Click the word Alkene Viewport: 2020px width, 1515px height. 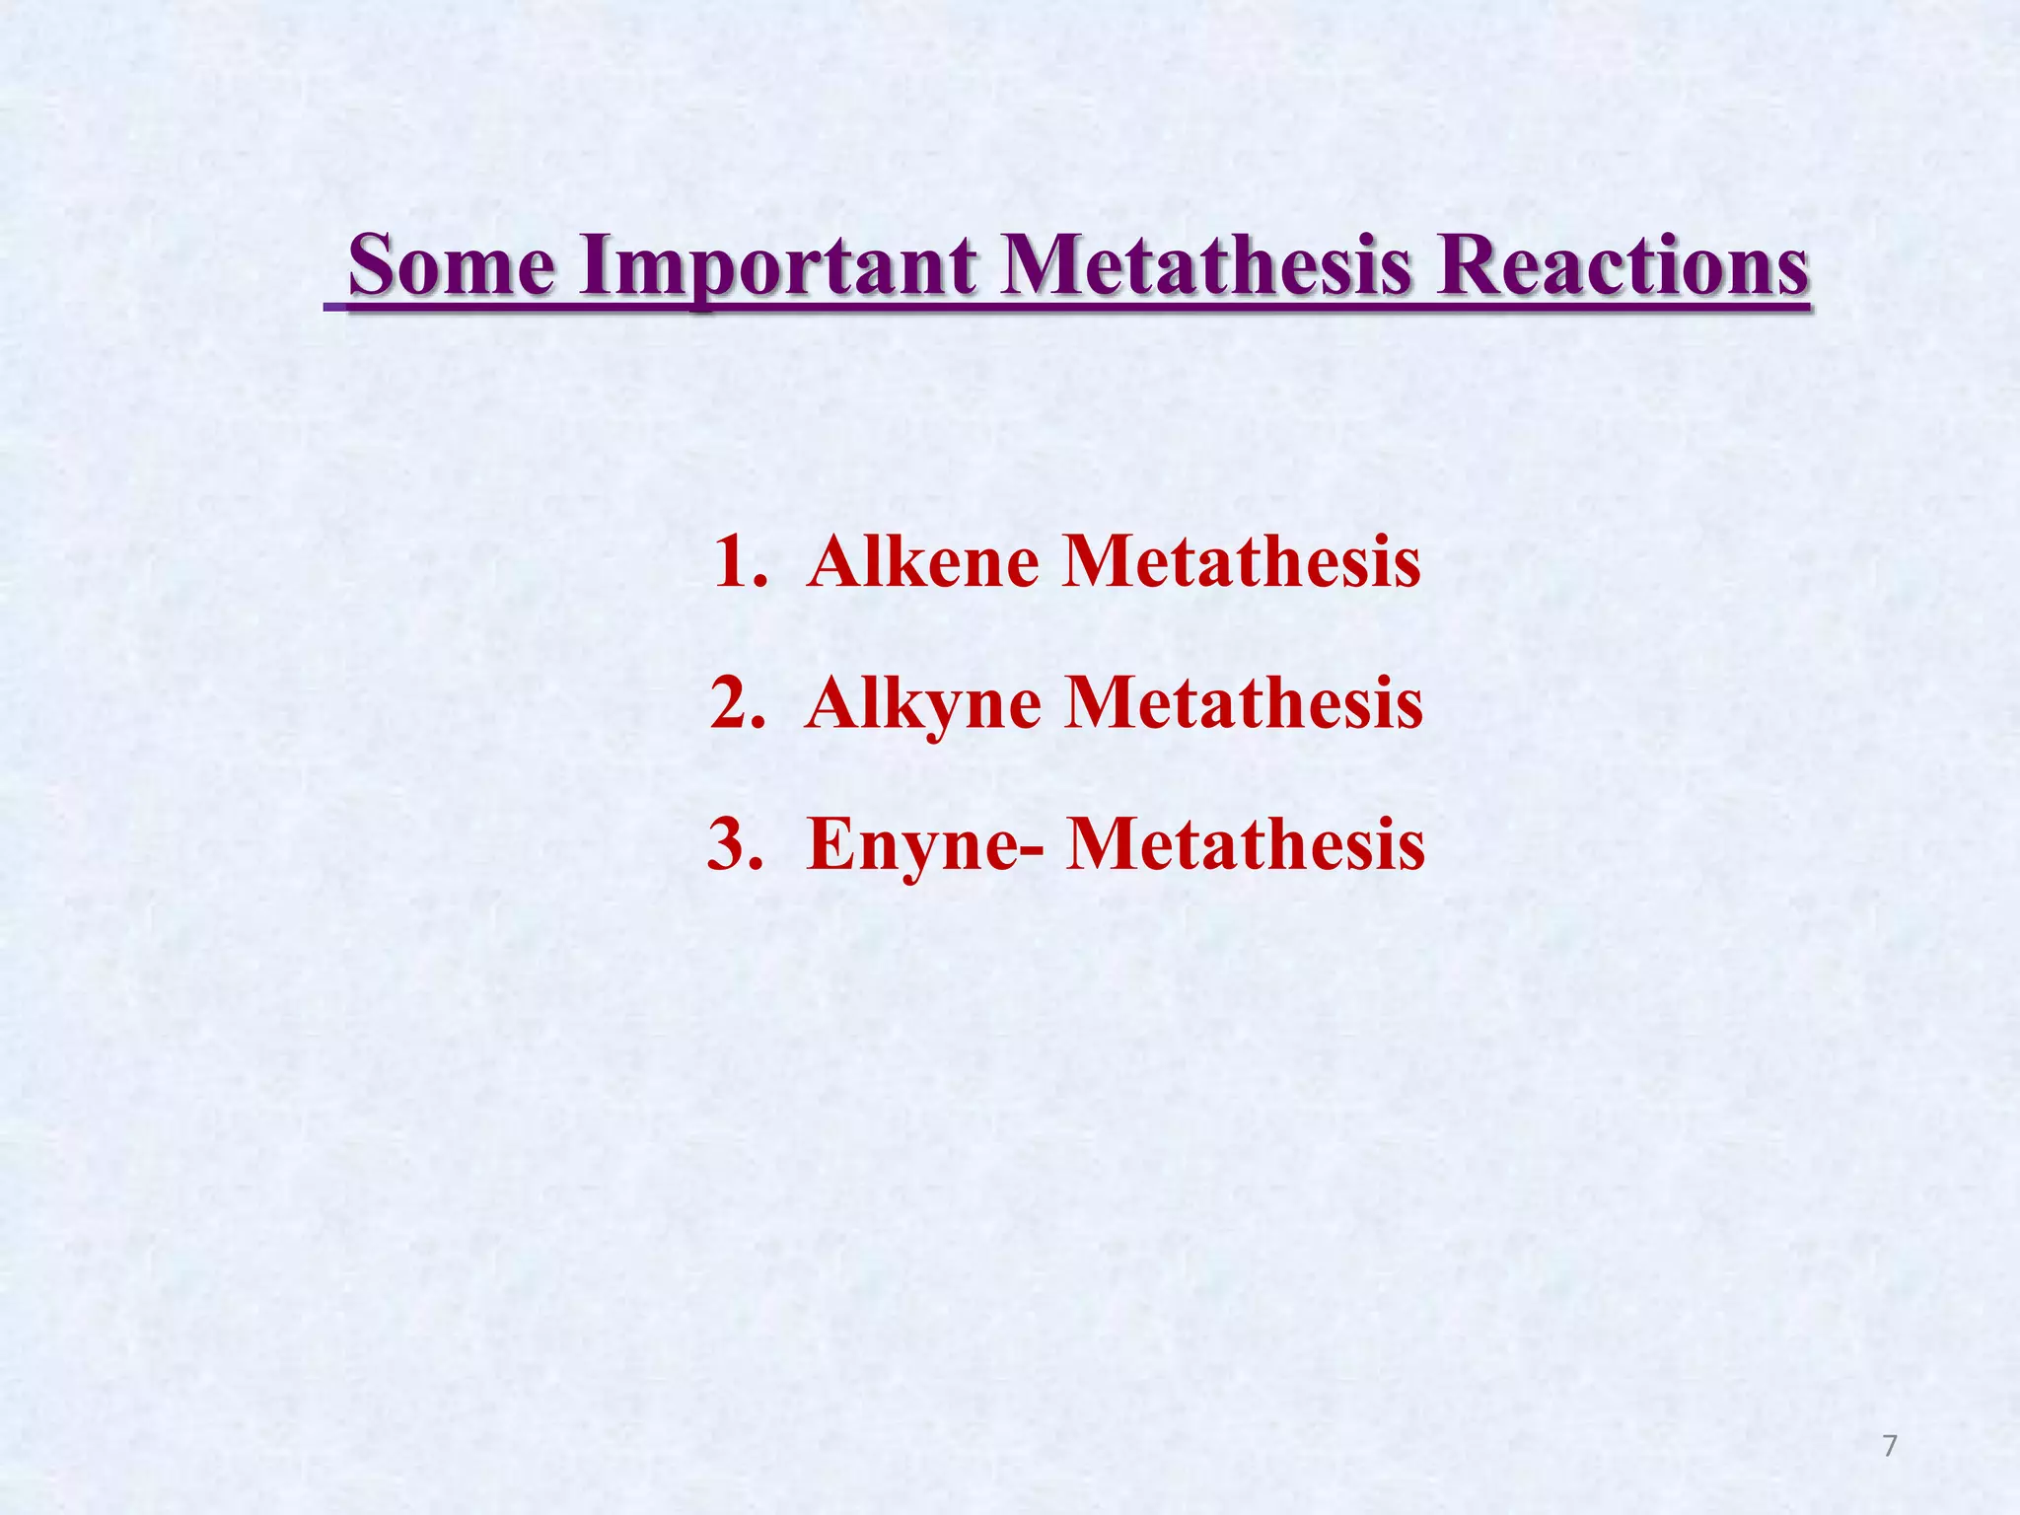click(x=923, y=562)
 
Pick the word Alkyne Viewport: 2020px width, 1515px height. click(x=923, y=704)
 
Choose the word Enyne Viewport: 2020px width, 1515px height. click(x=909, y=845)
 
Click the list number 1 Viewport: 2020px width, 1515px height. click(x=735, y=562)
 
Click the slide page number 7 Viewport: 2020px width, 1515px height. click(x=1889, y=1446)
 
